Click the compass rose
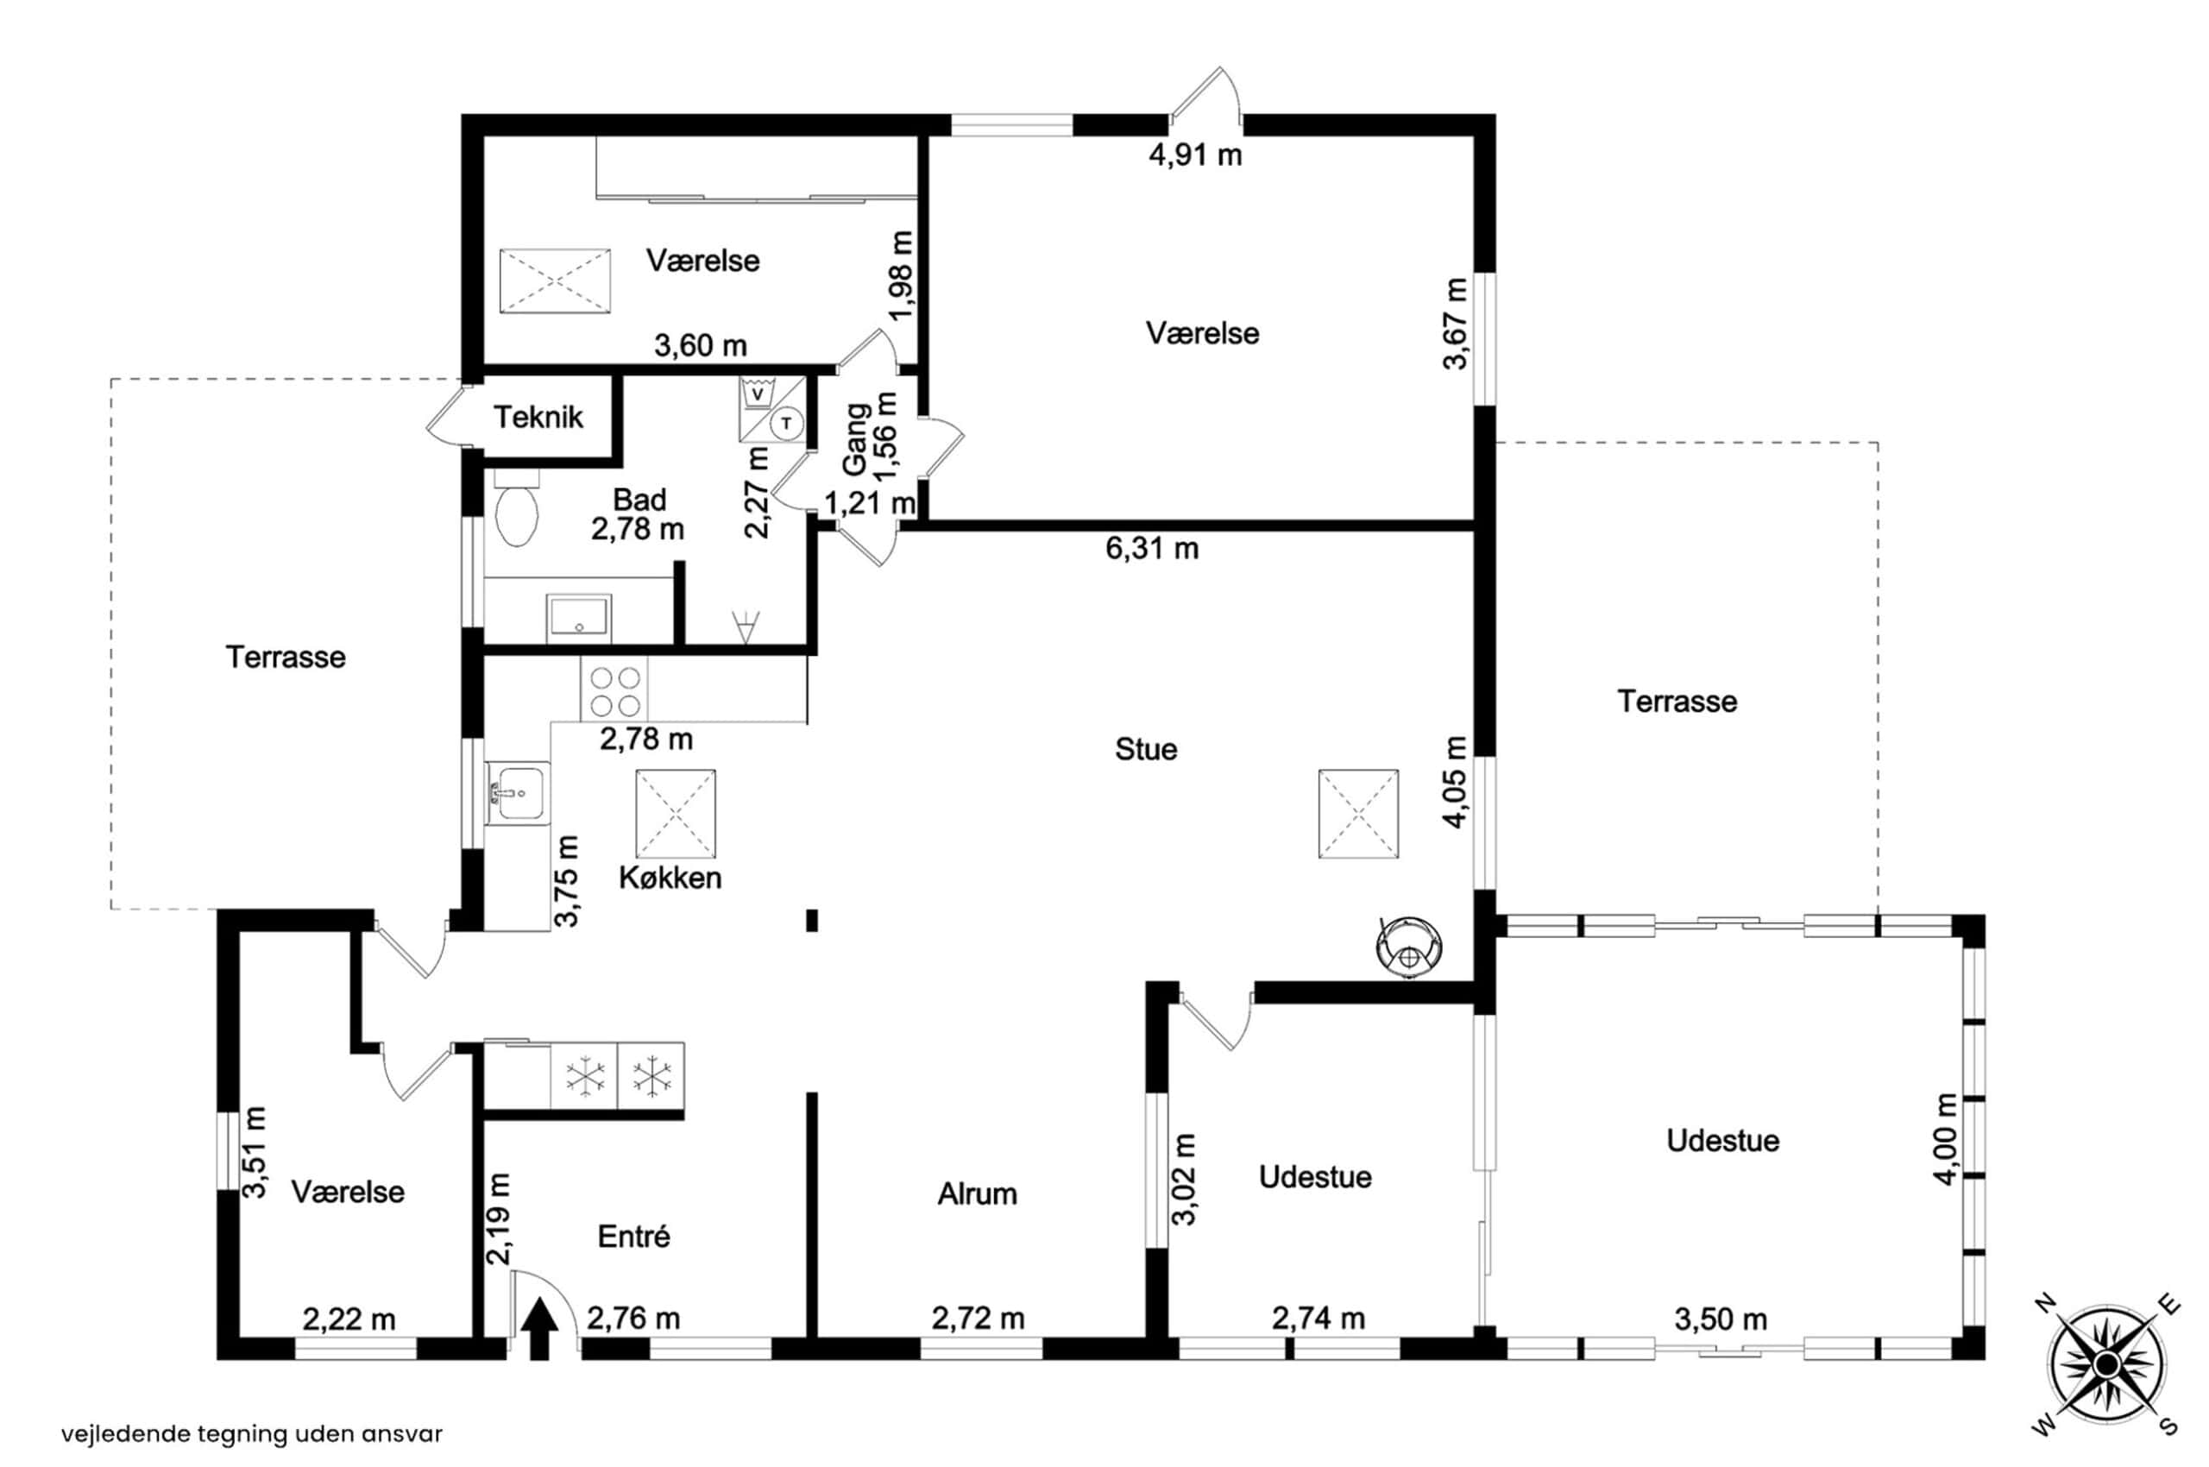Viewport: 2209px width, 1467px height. coord(2106,1365)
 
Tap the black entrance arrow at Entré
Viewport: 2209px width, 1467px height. coord(539,1330)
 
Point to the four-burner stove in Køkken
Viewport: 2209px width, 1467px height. coord(614,689)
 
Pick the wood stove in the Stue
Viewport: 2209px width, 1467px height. coord(1408,946)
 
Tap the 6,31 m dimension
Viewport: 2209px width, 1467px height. coord(1152,548)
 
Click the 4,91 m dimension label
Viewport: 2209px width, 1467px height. coord(1195,155)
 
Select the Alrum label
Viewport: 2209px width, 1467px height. coord(977,1193)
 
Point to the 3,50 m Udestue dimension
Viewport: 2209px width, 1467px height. coord(1721,1319)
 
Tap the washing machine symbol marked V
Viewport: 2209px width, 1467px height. coord(758,394)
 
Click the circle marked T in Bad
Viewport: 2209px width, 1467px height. coord(787,424)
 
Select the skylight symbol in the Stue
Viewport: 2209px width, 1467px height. coord(1358,814)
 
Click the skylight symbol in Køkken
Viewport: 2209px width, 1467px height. coord(676,813)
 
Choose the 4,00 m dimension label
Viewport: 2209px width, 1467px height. coord(1946,1140)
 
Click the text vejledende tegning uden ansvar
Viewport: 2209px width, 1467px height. coord(253,1433)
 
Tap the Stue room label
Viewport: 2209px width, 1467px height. coord(1145,749)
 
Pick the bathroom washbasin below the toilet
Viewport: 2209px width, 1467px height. coord(579,618)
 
